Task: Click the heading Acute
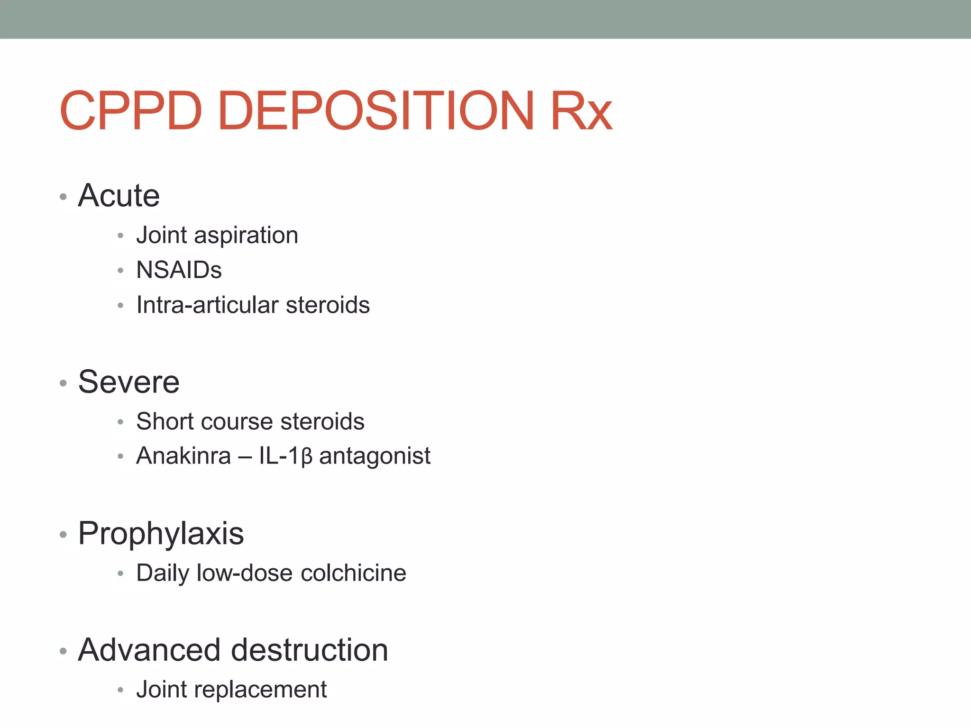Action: click(119, 195)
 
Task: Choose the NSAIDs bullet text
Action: click(179, 270)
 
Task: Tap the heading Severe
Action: click(129, 382)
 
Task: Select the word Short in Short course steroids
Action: click(165, 421)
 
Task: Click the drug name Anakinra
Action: click(183, 456)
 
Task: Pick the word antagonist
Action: click(375, 456)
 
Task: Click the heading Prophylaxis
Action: click(161, 534)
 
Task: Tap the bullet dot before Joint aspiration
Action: click(120, 236)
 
